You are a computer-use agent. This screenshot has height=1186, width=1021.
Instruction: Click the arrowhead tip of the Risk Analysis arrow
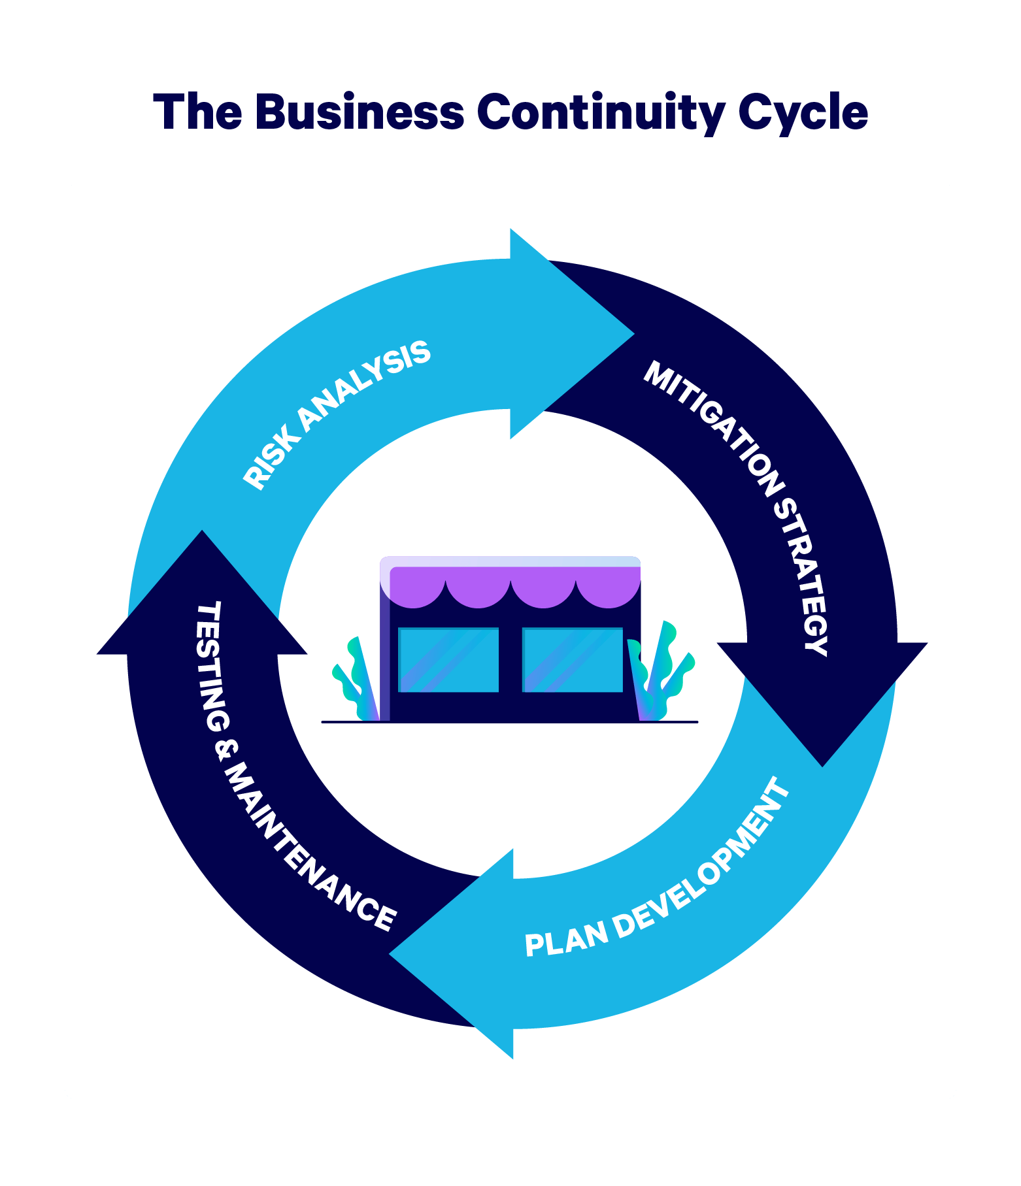pos(634,334)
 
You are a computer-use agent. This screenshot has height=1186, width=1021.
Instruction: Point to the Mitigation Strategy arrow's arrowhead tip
pos(822,766)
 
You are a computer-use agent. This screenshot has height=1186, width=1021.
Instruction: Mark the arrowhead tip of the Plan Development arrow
pos(389,954)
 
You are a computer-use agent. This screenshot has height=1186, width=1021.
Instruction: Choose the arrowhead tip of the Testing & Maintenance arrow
pos(202,530)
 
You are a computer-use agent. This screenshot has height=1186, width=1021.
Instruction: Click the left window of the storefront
pos(448,659)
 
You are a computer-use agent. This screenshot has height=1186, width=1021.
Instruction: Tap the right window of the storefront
pos(573,659)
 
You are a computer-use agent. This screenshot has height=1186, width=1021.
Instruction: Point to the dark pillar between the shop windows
pos(510,659)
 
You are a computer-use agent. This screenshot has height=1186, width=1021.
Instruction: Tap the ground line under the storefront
pos(510,722)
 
